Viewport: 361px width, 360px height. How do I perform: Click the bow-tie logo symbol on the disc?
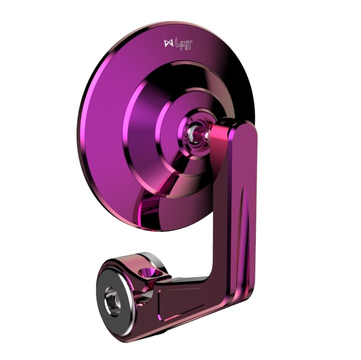click(168, 43)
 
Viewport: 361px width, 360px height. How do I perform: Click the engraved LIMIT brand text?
click(184, 45)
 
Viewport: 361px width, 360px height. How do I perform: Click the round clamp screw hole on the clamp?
click(150, 273)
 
